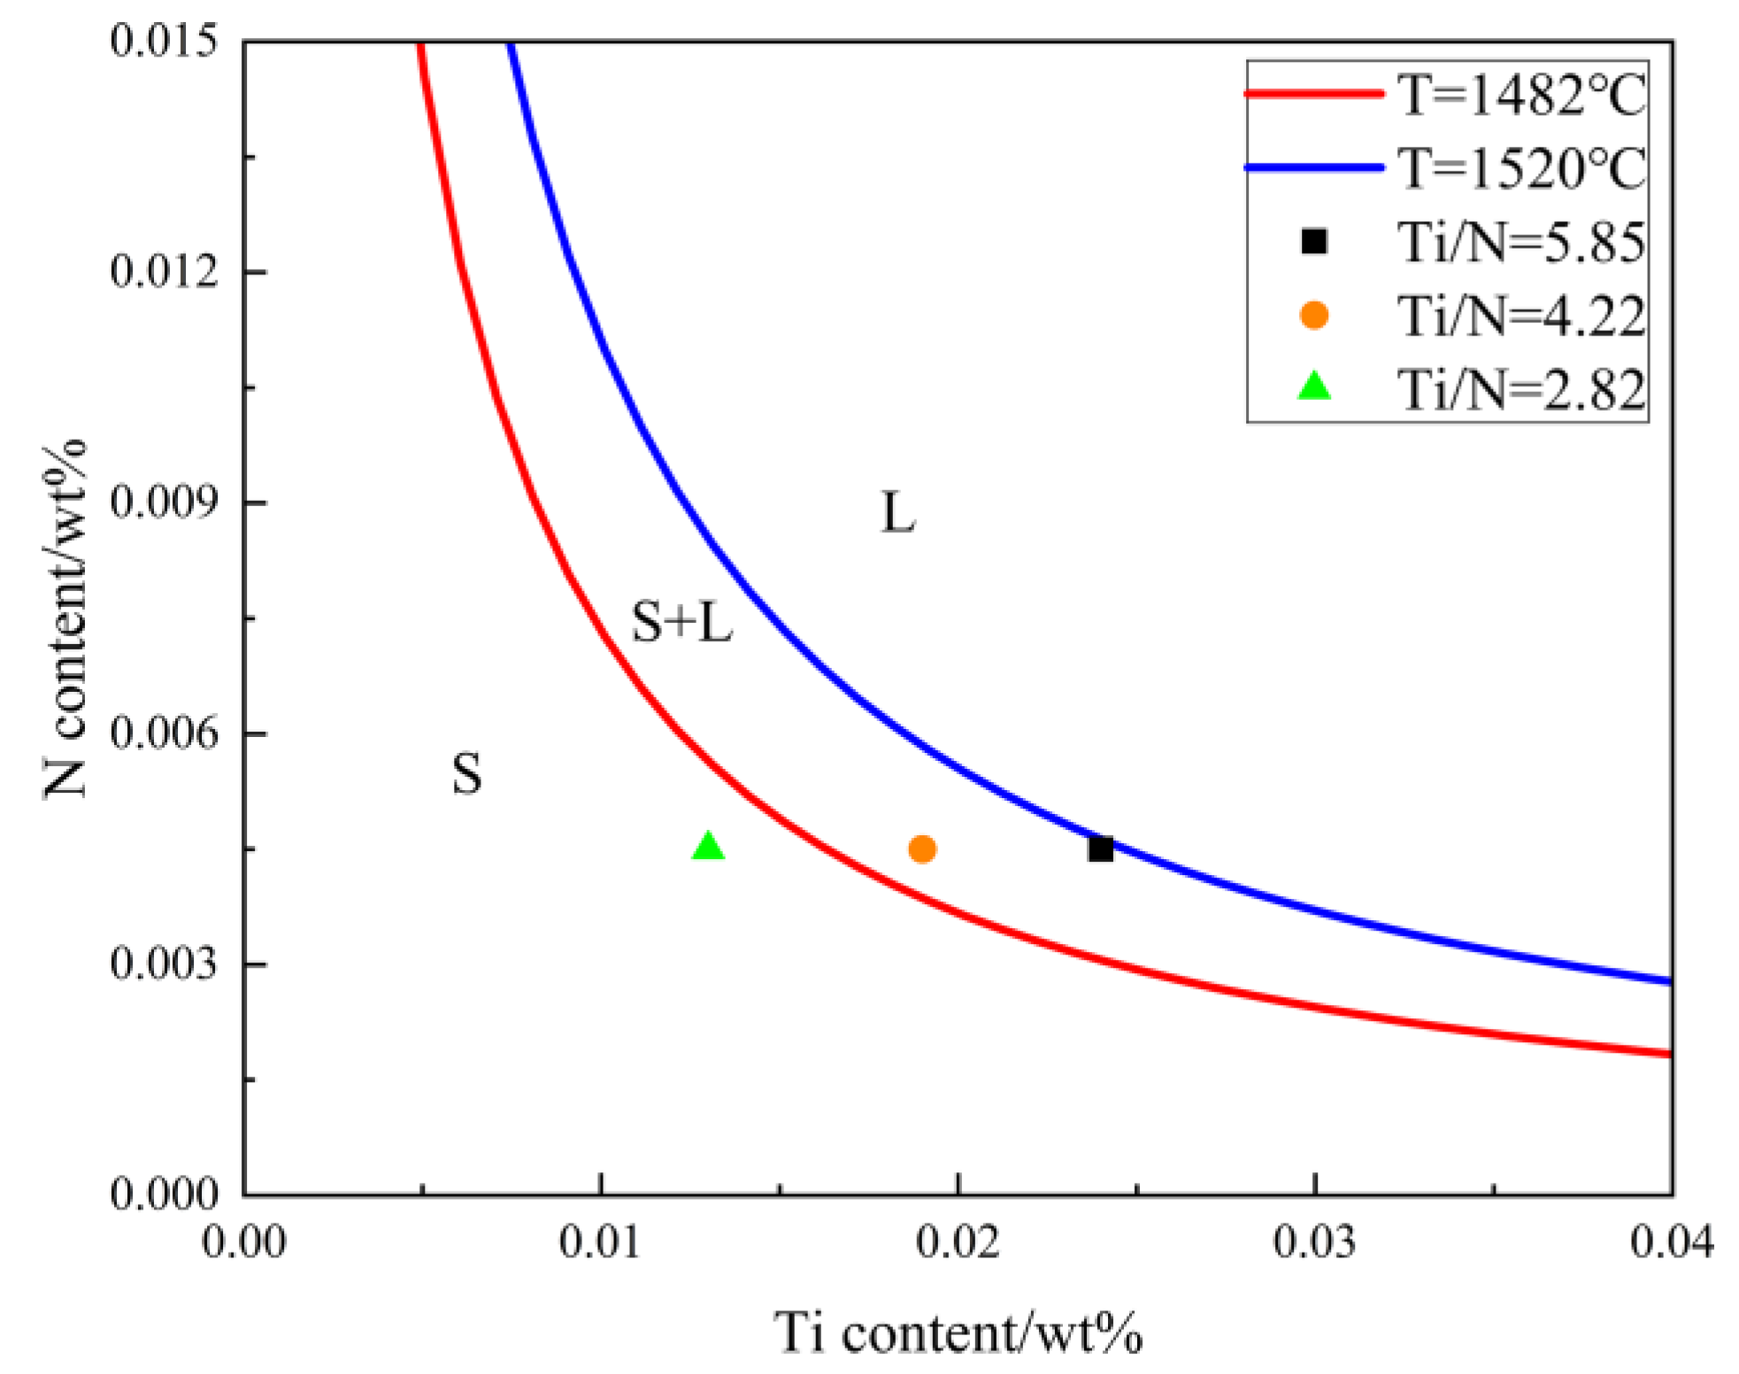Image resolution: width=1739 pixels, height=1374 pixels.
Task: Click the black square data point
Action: [1100, 848]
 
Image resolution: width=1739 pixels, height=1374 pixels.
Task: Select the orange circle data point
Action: [922, 849]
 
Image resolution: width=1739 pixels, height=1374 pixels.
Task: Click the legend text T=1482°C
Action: [1520, 95]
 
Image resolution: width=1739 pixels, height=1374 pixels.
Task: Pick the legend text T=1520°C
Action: [1520, 168]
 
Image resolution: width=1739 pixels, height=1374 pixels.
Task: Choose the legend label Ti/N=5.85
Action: [1520, 242]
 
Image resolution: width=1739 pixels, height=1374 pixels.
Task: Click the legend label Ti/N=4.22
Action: [1520, 316]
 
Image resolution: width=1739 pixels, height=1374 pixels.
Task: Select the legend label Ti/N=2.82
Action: [1520, 389]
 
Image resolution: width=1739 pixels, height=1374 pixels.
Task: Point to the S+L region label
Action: [681, 622]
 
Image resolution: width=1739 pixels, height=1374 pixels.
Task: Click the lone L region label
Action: [897, 512]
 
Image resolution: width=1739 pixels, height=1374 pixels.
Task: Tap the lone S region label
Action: [467, 774]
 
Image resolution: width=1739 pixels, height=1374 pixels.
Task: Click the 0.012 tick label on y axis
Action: [164, 271]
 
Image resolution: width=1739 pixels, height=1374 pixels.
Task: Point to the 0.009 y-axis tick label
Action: [164, 502]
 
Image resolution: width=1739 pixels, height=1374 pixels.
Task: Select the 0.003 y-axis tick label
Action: [164, 963]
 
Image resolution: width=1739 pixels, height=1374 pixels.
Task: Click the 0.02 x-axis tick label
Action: [958, 1243]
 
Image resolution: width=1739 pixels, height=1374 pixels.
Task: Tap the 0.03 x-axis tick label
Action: [1316, 1243]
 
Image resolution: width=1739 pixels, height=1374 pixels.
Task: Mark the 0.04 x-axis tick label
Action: [1671, 1243]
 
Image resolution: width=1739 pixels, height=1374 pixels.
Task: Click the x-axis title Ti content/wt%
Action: [958, 1333]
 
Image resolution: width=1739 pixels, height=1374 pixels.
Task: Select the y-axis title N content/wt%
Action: [66, 619]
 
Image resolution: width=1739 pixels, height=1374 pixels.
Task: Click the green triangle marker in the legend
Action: [1314, 387]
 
